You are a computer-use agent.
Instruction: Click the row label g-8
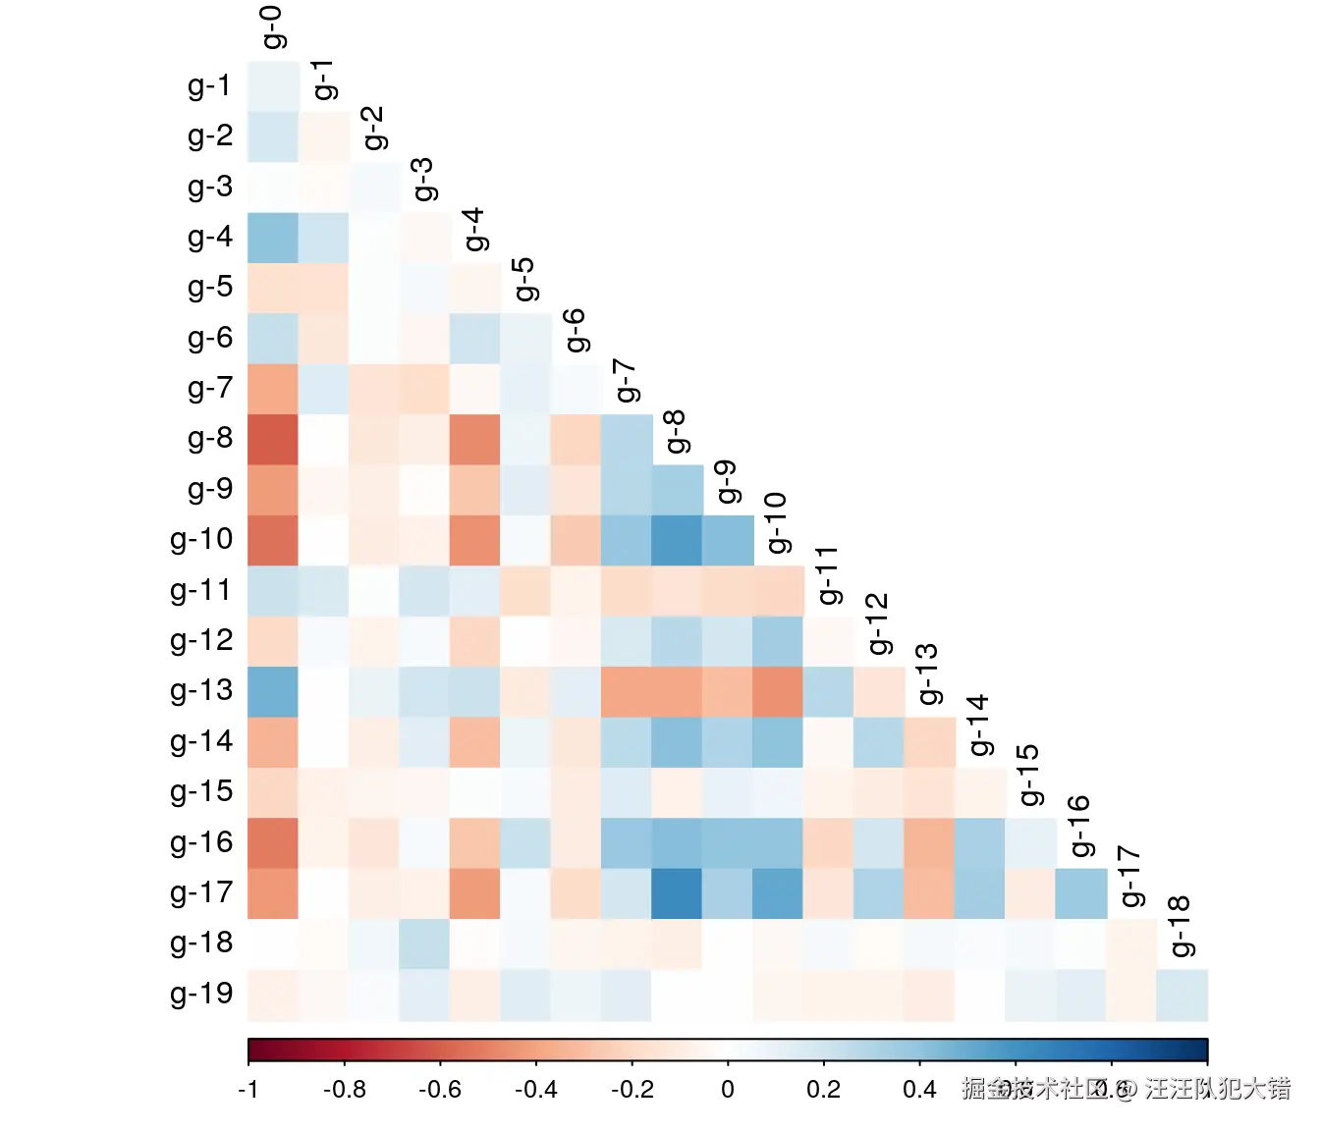coord(210,439)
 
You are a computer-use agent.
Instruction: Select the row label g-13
coord(201,691)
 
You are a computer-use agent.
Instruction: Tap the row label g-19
coord(201,994)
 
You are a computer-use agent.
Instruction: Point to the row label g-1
coord(210,86)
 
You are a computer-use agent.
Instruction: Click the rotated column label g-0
coord(273,27)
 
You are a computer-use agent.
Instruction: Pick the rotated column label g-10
coord(777,522)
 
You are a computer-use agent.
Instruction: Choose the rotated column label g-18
coord(1181,926)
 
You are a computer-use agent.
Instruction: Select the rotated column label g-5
coord(524,280)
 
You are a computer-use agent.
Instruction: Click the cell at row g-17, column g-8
coord(677,893)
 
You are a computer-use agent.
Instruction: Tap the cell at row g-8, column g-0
coord(273,439)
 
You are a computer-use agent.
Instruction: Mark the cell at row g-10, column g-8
coord(677,540)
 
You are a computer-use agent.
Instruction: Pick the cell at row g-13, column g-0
coord(273,691)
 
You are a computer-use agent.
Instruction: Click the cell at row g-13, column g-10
coord(778,691)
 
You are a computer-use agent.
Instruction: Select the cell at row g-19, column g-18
coord(1182,995)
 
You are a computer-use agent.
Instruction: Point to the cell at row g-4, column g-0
coord(273,238)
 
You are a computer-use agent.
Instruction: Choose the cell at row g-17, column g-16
coord(1080,893)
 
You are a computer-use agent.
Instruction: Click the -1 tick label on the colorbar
coord(248,1090)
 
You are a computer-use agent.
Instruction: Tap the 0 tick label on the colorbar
coord(728,1090)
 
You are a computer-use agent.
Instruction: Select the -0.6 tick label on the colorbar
coord(440,1090)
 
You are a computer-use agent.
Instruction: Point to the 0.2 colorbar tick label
coord(823,1090)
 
